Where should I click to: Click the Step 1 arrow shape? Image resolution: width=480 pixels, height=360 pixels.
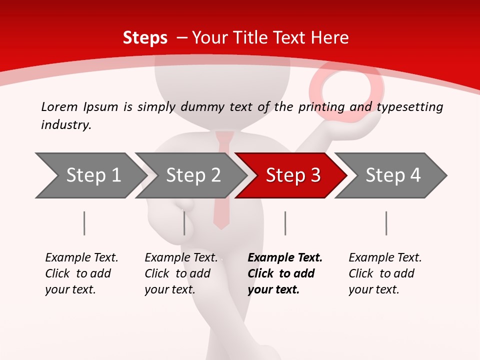[90, 175]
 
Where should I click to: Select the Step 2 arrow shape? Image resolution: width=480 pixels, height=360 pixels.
[192, 175]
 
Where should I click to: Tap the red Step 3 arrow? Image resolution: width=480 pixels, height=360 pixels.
[292, 175]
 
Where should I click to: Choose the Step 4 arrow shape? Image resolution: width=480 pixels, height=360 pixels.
[392, 175]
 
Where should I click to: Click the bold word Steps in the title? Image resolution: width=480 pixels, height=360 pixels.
[145, 37]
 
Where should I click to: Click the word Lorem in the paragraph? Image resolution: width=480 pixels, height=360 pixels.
[59, 106]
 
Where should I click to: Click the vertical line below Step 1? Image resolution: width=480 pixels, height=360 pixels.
[84, 223]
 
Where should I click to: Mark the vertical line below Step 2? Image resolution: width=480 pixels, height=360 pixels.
[184, 223]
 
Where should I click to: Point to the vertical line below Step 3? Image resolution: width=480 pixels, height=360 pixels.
[285, 223]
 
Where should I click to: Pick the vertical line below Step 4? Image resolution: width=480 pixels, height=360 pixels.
[386, 223]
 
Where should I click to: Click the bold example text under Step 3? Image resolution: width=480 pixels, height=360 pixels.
[284, 273]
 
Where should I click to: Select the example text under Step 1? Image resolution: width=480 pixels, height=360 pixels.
[81, 273]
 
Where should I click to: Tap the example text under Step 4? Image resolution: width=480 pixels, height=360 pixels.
[384, 273]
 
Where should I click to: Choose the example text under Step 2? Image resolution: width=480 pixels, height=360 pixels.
[181, 273]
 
